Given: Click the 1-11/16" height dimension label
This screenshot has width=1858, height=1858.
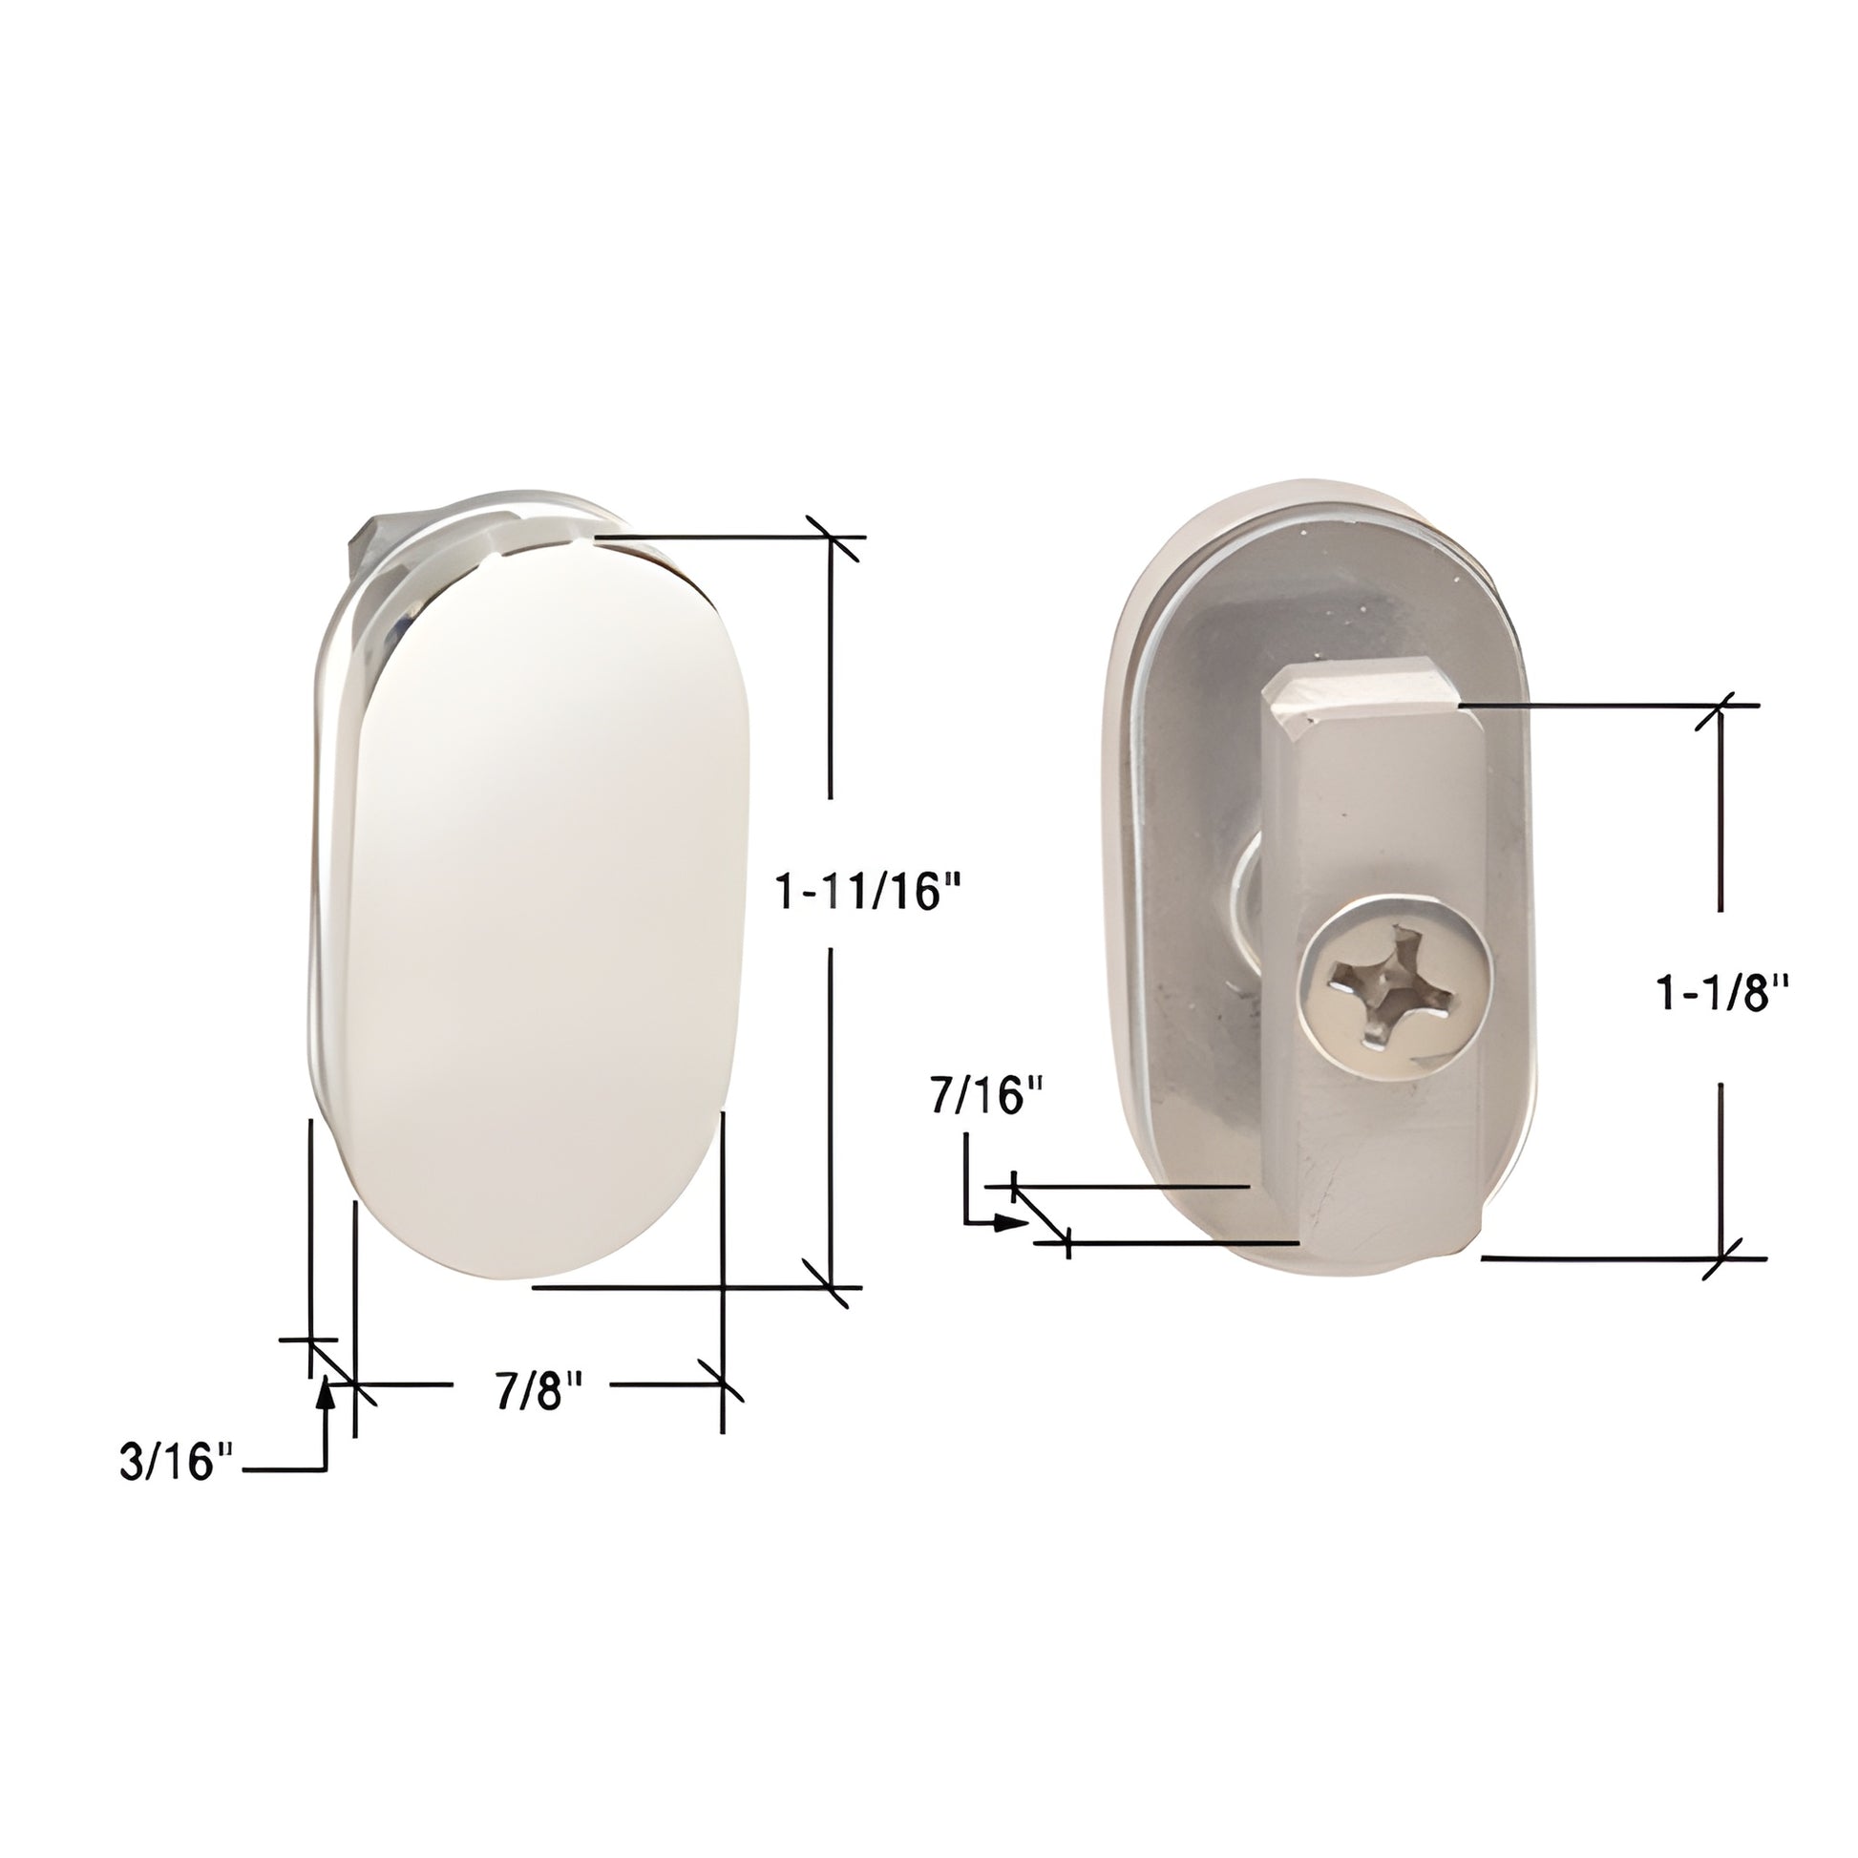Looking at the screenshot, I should pyautogui.click(x=869, y=893).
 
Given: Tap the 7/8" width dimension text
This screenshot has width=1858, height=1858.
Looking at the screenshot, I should pyautogui.click(x=539, y=1390).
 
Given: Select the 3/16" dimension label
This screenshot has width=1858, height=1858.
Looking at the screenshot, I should pyautogui.click(x=177, y=1462).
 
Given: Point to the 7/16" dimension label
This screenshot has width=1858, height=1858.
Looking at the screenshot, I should pyautogui.click(x=986, y=1095).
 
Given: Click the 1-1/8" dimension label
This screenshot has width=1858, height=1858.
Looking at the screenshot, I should pyautogui.click(x=1721, y=992).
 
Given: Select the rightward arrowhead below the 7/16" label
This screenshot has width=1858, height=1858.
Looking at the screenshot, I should pyautogui.click(x=1012, y=1222).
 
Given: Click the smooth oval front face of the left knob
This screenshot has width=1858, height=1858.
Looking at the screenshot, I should pyautogui.click(x=543, y=904).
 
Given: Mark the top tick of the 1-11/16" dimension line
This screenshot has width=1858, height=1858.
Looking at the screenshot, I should pyautogui.click(x=831, y=537).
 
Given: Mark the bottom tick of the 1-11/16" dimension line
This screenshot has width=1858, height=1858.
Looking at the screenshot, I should pyautogui.click(x=831, y=1286).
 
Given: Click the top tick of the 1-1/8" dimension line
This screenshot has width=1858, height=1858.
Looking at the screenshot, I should pyautogui.click(x=1721, y=706).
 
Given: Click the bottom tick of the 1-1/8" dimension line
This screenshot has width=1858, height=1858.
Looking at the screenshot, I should pyautogui.click(x=1721, y=1256).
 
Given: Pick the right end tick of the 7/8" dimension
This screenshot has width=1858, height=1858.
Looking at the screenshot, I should pyautogui.click(x=722, y=1384).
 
